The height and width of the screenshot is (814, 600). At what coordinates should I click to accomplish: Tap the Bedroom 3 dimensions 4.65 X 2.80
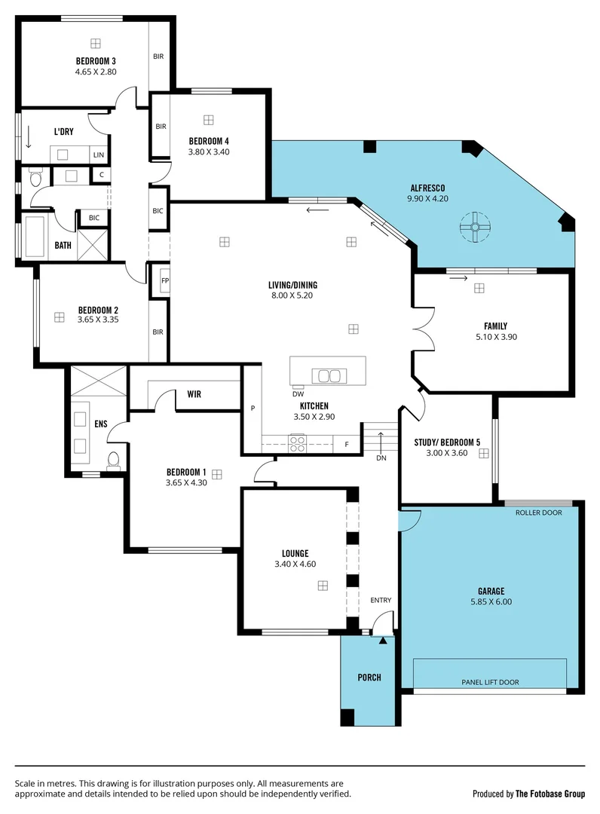95,72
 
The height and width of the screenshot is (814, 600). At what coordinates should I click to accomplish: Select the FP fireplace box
164,282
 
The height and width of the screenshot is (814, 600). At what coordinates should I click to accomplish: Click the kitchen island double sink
329,376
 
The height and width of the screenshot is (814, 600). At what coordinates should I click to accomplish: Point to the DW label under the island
298,393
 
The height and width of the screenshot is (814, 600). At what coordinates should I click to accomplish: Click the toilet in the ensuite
113,460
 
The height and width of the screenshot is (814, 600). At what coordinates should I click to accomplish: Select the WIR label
194,393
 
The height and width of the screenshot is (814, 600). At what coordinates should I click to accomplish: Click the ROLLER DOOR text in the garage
538,513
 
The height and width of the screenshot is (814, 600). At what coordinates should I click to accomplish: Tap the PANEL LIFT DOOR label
490,682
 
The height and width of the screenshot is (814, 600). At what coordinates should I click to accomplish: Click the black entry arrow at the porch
383,641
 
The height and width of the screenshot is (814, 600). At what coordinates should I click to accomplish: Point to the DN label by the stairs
381,457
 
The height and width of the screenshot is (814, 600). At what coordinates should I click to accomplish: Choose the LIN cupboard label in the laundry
98,155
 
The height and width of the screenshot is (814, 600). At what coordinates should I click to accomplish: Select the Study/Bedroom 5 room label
447,442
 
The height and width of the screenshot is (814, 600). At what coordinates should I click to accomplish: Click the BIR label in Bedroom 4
161,127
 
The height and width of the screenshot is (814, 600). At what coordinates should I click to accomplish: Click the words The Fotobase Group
555,794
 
